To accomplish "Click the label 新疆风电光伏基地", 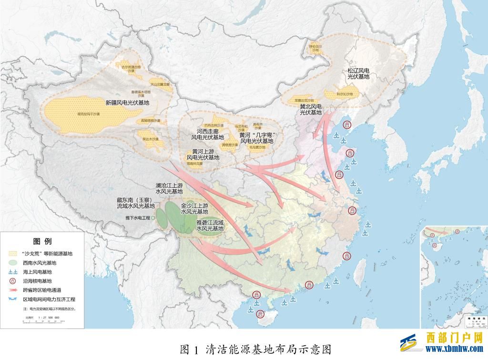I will [x=127, y=103].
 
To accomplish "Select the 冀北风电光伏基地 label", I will [x=310, y=109].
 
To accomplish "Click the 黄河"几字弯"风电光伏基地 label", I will [x=256, y=138].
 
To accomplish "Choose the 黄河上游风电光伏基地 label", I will [x=203, y=154].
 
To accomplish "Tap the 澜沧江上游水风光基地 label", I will [x=169, y=188].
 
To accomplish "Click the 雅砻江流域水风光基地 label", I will [x=210, y=226].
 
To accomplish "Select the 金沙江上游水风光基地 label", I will [x=194, y=209].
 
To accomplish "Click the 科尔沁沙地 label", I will [x=345, y=94].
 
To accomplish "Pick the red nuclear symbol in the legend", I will [x=14, y=281].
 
